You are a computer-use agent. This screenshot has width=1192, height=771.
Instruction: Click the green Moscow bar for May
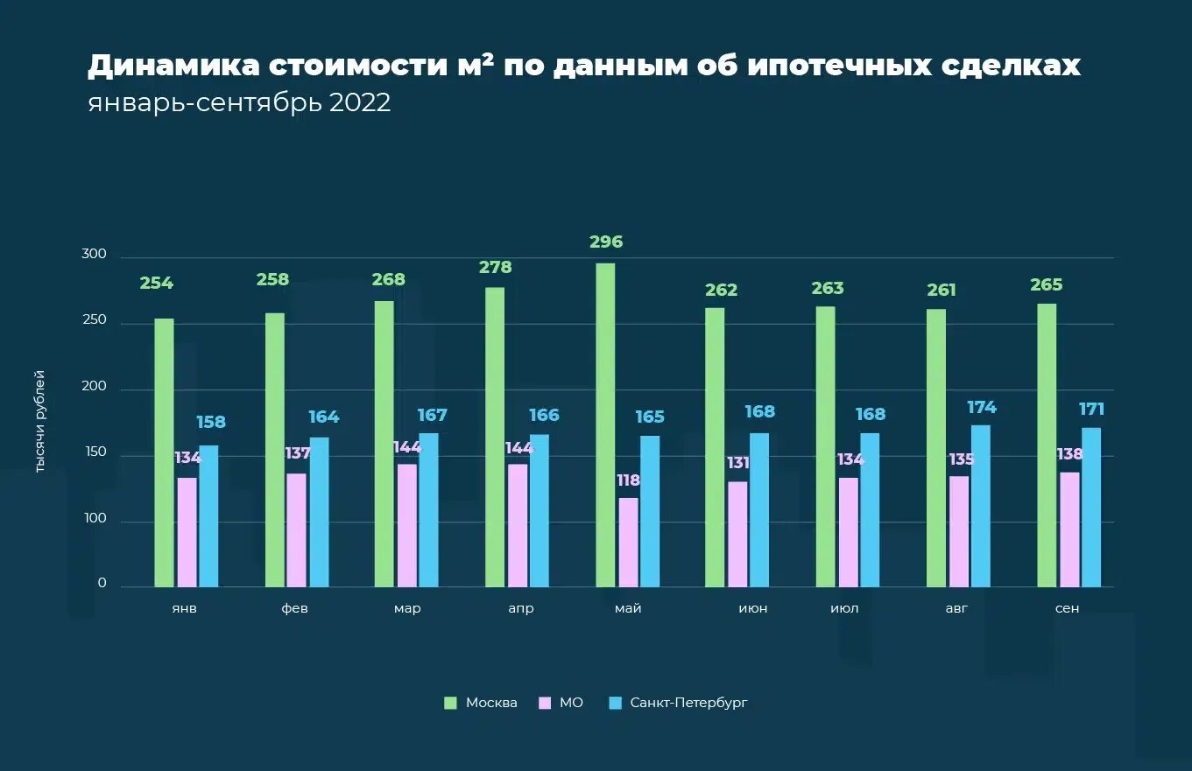pyautogui.click(x=605, y=424)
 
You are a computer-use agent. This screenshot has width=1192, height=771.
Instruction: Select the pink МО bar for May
pyautogui.click(x=628, y=542)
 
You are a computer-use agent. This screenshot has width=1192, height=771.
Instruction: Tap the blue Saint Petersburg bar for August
pyautogui.click(x=980, y=506)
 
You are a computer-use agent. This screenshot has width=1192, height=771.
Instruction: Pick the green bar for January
pyautogui.click(x=164, y=452)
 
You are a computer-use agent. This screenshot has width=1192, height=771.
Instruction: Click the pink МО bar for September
pyautogui.click(x=1069, y=529)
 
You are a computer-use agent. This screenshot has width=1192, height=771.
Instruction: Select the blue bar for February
pyautogui.click(x=319, y=512)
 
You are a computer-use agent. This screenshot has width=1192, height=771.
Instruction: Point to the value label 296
pyautogui.click(x=606, y=242)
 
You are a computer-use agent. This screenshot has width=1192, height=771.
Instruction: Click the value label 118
pyautogui.click(x=628, y=480)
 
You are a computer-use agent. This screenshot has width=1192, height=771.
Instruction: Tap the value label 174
pyautogui.click(x=982, y=408)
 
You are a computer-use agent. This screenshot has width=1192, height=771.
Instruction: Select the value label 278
pyautogui.click(x=495, y=268)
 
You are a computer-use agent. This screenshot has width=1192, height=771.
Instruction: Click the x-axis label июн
pyautogui.click(x=753, y=609)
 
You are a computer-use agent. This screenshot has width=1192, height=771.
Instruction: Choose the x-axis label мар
pyautogui.click(x=407, y=609)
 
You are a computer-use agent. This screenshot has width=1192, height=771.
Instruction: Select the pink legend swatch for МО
pyautogui.click(x=545, y=703)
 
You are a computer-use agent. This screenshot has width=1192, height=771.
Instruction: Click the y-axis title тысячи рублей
pyautogui.click(x=39, y=422)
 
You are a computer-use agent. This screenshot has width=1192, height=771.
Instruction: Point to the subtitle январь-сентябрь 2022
pyautogui.click(x=239, y=103)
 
